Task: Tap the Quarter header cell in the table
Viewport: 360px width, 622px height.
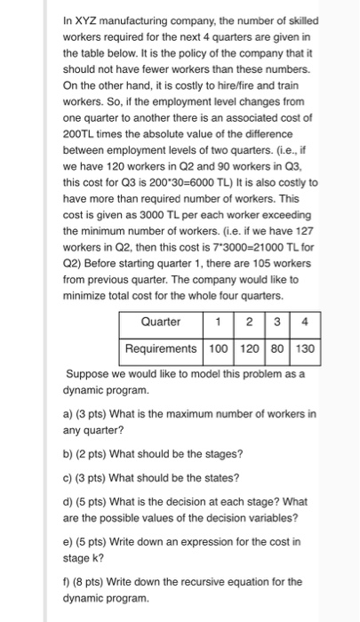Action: (x=161, y=321)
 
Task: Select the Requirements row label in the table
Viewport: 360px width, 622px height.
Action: (x=161, y=348)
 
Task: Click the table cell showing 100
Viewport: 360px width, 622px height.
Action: (x=218, y=348)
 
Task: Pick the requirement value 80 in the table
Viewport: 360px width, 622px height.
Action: (x=276, y=348)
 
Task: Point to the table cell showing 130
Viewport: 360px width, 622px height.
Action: (x=305, y=348)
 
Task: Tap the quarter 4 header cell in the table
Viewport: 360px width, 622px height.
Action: (x=305, y=321)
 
